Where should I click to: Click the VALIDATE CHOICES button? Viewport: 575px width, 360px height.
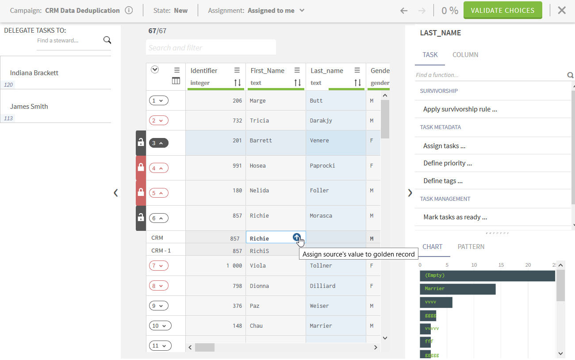point(502,11)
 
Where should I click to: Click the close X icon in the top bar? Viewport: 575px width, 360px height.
point(562,11)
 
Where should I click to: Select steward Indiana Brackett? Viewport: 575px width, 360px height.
point(34,73)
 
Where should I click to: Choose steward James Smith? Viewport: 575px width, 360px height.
point(29,107)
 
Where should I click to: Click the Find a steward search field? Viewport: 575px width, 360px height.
point(69,41)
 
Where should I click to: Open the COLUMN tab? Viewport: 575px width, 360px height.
point(465,55)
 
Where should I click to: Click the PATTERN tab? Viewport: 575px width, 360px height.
point(471,247)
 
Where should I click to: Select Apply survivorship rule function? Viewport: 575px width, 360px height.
point(460,109)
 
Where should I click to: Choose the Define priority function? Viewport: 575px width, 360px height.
point(448,163)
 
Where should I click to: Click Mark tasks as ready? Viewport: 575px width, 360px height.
point(455,217)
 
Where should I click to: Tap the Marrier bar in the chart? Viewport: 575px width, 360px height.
point(457,289)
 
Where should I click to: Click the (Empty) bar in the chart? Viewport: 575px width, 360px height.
point(487,276)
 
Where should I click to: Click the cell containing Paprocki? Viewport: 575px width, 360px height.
point(322,166)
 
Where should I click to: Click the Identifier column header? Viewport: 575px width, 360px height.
point(204,71)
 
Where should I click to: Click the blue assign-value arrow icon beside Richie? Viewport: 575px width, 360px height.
point(296,237)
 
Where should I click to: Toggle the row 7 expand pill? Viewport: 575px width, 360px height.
point(159,266)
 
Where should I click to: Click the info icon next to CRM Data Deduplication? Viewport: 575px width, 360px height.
point(129,11)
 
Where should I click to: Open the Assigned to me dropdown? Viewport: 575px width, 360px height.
point(276,11)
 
